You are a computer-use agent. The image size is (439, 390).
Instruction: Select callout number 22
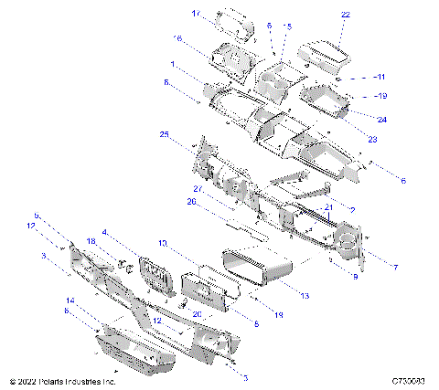[x=345, y=16]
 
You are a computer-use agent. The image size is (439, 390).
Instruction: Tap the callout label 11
[x=381, y=77]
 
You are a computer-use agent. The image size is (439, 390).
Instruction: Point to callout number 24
[x=381, y=119]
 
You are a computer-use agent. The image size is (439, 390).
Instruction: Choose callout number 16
[x=177, y=37]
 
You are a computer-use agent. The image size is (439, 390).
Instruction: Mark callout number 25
[x=165, y=134]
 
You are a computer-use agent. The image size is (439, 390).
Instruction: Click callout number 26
[x=192, y=202]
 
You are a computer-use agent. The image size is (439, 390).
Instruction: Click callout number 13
[x=304, y=296]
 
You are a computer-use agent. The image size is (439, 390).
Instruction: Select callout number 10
[x=162, y=244]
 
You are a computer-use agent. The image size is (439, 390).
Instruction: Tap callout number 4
[x=105, y=232]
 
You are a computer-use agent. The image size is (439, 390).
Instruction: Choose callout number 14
[x=70, y=300]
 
